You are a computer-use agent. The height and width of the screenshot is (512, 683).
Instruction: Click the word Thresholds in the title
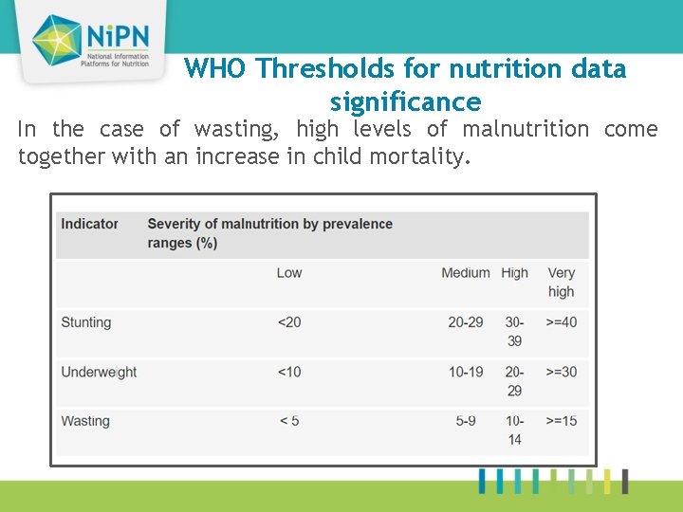tap(318, 69)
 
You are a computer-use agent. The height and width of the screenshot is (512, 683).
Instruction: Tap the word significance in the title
tap(405, 101)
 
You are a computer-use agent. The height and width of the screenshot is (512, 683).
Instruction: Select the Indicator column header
tap(89, 224)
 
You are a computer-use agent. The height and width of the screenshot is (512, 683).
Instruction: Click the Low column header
tap(289, 273)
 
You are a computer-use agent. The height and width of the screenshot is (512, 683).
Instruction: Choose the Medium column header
tap(465, 273)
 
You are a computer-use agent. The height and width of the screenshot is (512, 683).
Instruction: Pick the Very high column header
tap(561, 283)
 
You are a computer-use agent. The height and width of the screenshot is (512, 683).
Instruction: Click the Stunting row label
tap(86, 322)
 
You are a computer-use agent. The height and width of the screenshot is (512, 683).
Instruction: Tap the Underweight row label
tap(99, 372)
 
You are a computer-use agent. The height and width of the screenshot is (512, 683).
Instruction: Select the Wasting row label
tap(85, 421)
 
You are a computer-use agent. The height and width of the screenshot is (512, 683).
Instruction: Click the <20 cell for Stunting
tap(289, 322)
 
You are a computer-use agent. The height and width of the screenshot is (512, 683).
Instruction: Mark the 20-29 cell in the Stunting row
tap(465, 322)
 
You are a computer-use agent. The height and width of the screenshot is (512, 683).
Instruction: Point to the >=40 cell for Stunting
tap(562, 322)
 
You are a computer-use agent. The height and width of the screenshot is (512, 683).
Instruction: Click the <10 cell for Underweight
tap(289, 372)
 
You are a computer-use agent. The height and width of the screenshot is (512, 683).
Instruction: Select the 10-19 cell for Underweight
tap(465, 372)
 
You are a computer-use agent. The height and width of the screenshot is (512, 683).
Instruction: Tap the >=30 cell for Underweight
tap(562, 372)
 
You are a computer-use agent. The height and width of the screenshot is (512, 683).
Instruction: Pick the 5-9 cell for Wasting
tap(466, 421)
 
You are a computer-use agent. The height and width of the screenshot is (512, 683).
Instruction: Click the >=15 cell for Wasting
tap(562, 421)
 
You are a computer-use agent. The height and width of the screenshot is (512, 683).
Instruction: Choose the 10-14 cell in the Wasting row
tap(514, 430)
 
